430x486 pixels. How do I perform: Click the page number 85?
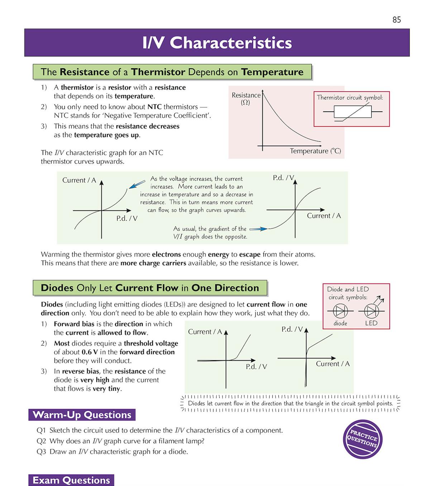tap(396, 20)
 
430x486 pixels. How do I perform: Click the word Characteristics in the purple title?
tap(230, 43)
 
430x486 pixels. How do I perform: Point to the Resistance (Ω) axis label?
tap(246, 98)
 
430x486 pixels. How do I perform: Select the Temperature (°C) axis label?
tap(315, 151)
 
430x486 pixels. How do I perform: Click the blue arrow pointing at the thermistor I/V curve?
tap(137, 184)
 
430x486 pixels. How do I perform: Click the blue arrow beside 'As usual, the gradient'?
tap(258, 229)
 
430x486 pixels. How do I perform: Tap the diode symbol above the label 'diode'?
tap(340, 311)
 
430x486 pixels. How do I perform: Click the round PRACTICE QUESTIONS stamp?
tap(363, 439)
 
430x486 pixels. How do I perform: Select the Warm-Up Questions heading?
tap(82, 415)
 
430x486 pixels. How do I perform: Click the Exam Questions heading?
tap(71, 480)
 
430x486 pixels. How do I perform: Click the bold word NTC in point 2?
tap(154, 107)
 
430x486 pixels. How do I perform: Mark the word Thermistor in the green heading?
tap(158, 72)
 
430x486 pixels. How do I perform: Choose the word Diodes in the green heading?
tap(57, 288)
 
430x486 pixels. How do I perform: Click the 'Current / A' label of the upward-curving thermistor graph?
tap(79, 180)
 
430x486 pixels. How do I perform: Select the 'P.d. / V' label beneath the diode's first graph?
tap(256, 366)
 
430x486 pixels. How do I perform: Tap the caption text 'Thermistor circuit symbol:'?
tap(350, 97)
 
